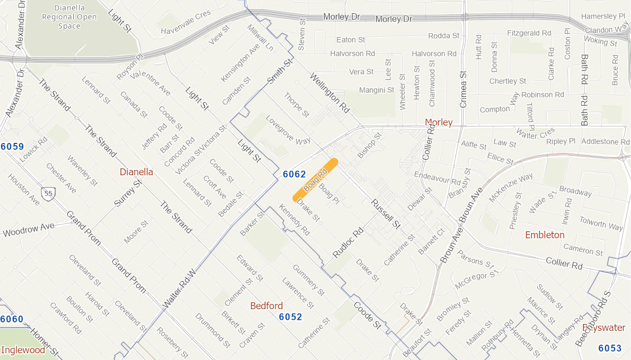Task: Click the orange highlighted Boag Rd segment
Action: [316, 180]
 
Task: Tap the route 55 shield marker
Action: [49, 193]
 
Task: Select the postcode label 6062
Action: [294, 174]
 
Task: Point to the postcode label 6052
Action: [290, 317]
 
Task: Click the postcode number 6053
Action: [610, 348]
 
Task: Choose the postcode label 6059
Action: [12, 146]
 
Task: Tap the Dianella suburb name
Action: [136, 172]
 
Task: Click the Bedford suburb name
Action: [266, 306]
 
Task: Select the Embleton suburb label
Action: [545, 235]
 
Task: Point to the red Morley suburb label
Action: [439, 122]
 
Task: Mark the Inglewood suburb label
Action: [23, 350]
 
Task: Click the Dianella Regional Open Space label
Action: [69, 17]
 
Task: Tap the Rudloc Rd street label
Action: [348, 242]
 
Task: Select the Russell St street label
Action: [385, 214]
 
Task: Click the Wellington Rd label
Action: [330, 93]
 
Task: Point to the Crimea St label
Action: [464, 89]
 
